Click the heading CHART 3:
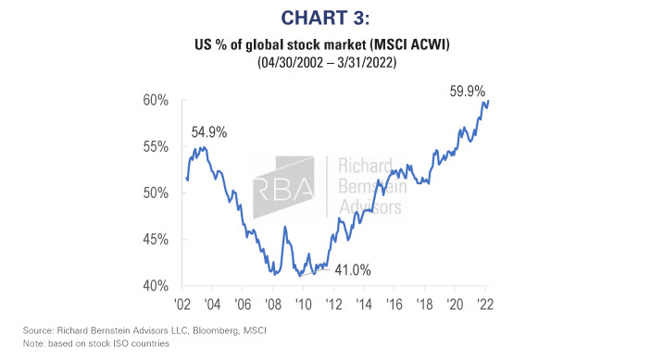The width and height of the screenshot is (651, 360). pos(325,17)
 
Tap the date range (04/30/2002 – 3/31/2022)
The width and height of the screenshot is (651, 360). pos(325,63)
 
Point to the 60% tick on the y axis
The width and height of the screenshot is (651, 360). pos(155,100)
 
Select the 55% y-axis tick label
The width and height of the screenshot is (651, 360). pos(155,146)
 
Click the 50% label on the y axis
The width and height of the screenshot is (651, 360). pos(155,192)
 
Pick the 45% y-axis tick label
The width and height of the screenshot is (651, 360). pos(155,239)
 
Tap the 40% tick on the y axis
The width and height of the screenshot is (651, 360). pos(155,285)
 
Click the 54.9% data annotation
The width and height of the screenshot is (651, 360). pos(210,132)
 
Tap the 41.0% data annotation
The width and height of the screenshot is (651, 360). pos(352,270)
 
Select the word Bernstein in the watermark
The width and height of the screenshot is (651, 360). pos(370,191)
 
